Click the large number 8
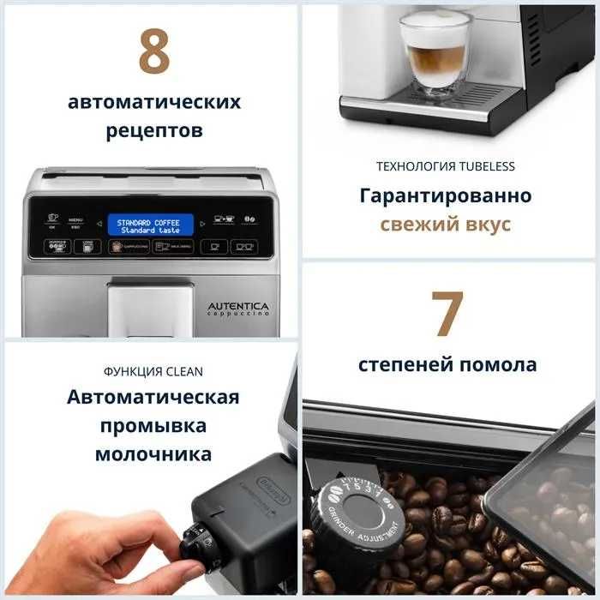click(x=154, y=53)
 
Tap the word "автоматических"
click(x=154, y=102)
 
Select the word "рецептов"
click(x=154, y=131)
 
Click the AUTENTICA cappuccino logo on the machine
click(x=237, y=309)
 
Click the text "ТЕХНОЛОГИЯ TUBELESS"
click(x=446, y=166)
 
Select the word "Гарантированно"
click(x=446, y=195)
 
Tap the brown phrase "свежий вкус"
click(x=446, y=225)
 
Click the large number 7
click(x=447, y=315)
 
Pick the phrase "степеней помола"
click(x=447, y=364)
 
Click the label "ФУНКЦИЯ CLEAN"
click(x=153, y=372)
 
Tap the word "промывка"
click(x=153, y=426)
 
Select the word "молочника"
click(x=153, y=454)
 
